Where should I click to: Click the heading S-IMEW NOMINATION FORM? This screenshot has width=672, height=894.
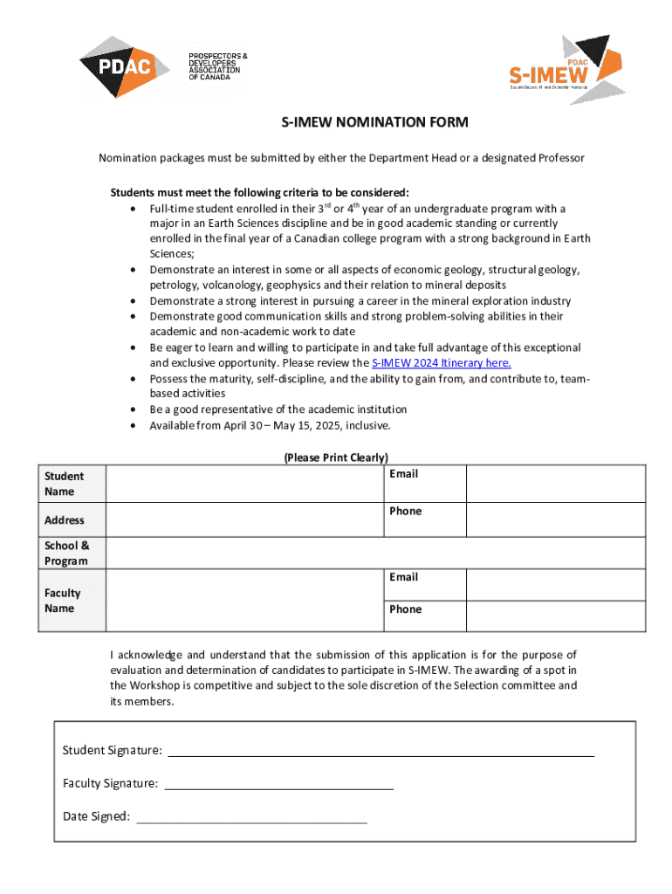[374, 122]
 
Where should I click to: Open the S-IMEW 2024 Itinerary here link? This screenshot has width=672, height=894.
[441, 362]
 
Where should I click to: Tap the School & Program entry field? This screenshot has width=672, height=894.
[375, 553]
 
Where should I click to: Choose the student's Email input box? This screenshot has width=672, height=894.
[555, 484]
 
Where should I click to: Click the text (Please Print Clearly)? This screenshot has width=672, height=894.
[336, 457]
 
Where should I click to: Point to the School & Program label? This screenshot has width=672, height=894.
[67, 553]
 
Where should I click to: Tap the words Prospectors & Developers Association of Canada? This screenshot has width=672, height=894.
[217, 66]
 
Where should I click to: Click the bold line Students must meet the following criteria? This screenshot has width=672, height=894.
[259, 192]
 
